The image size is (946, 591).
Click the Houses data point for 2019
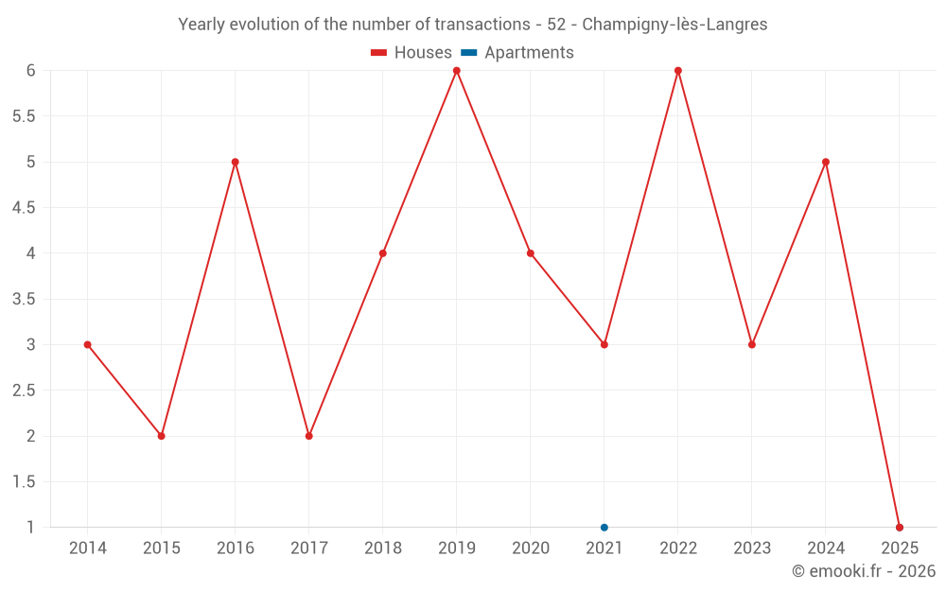[456, 71]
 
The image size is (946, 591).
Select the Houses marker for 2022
[677, 71]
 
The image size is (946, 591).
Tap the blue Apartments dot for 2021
[604, 527]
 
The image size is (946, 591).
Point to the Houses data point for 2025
[899, 527]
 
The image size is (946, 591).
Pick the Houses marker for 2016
[235, 162]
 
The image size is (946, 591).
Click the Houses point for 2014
[87, 344]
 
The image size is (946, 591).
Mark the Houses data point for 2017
[308, 436]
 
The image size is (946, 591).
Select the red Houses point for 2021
[604, 344]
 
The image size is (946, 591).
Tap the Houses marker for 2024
[825, 162]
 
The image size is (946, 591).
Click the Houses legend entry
[411, 53]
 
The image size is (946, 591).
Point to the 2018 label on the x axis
[382, 548]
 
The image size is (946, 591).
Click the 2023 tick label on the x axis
[751, 548]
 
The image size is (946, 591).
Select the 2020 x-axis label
[530, 548]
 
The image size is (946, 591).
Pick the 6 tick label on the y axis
[31, 71]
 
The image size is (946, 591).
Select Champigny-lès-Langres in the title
[674, 25]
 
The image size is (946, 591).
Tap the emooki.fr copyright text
[864, 571]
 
